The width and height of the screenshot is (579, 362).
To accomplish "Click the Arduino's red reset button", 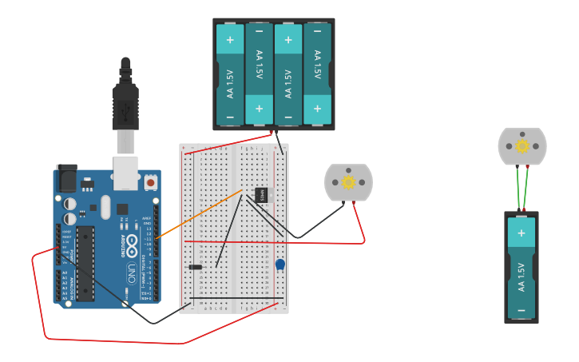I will tap(150, 183).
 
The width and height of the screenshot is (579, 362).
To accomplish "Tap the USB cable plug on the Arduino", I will tap(125, 142).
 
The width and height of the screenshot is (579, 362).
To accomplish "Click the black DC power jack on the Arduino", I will tap(66, 179).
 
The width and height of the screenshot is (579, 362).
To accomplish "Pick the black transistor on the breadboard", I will tap(261, 194).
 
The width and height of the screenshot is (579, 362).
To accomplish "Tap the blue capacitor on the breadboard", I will tap(280, 265).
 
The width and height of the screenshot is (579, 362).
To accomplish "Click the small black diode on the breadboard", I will tap(195, 267).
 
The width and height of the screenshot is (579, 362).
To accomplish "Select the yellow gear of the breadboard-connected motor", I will tap(348, 182).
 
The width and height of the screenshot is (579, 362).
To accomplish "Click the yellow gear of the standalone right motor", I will tap(522, 146).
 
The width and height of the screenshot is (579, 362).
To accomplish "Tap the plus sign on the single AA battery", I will tap(521, 233).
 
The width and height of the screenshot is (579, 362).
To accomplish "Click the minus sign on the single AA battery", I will tap(521, 310).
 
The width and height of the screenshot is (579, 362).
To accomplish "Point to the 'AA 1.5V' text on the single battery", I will tap(521, 276).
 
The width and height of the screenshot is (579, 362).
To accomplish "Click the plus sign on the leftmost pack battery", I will tap(230, 39).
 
